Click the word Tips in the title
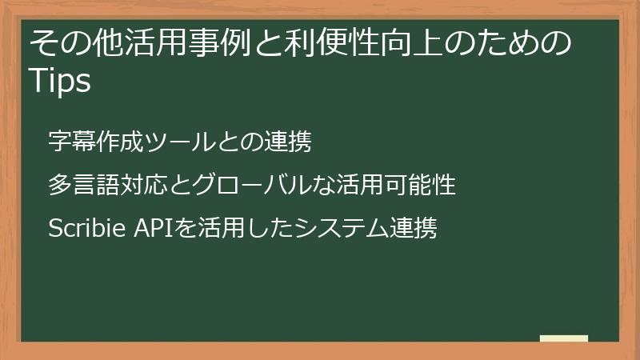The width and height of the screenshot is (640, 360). [60, 80]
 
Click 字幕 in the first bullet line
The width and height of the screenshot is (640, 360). [66, 142]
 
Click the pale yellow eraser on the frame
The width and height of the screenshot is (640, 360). [564, 338]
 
